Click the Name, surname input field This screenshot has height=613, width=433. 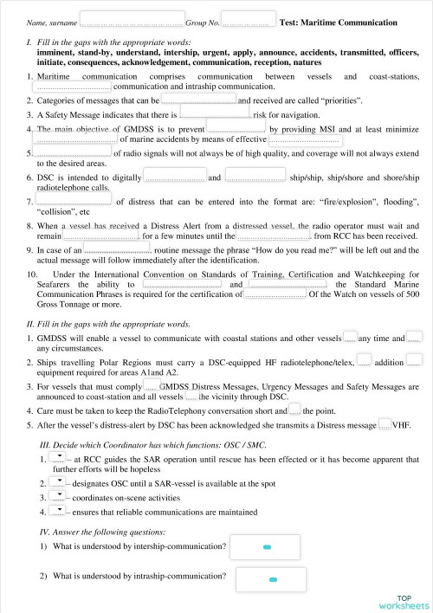point(132,18)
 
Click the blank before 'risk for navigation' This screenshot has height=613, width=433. point(214,113)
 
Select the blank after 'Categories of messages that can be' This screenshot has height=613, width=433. point(199,100)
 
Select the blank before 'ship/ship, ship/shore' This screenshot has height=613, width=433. point(255,177)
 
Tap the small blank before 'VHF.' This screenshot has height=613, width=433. point(385,424)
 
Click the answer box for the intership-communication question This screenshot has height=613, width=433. point(267,547)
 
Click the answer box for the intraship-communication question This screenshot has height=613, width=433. point(271,578)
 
